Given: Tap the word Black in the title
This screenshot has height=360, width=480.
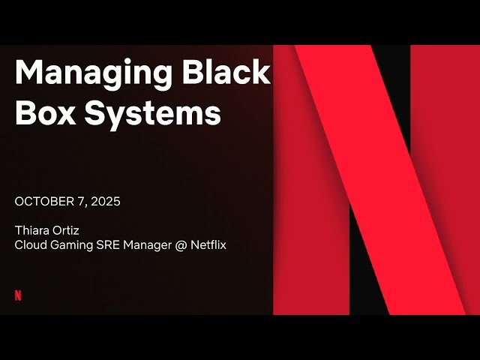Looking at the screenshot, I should point(226,72).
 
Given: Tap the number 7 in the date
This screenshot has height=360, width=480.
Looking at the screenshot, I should point(82,202).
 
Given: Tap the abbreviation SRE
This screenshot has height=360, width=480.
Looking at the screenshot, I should point(111,245).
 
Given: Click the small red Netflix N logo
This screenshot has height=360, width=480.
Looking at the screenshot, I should point(18,295).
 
